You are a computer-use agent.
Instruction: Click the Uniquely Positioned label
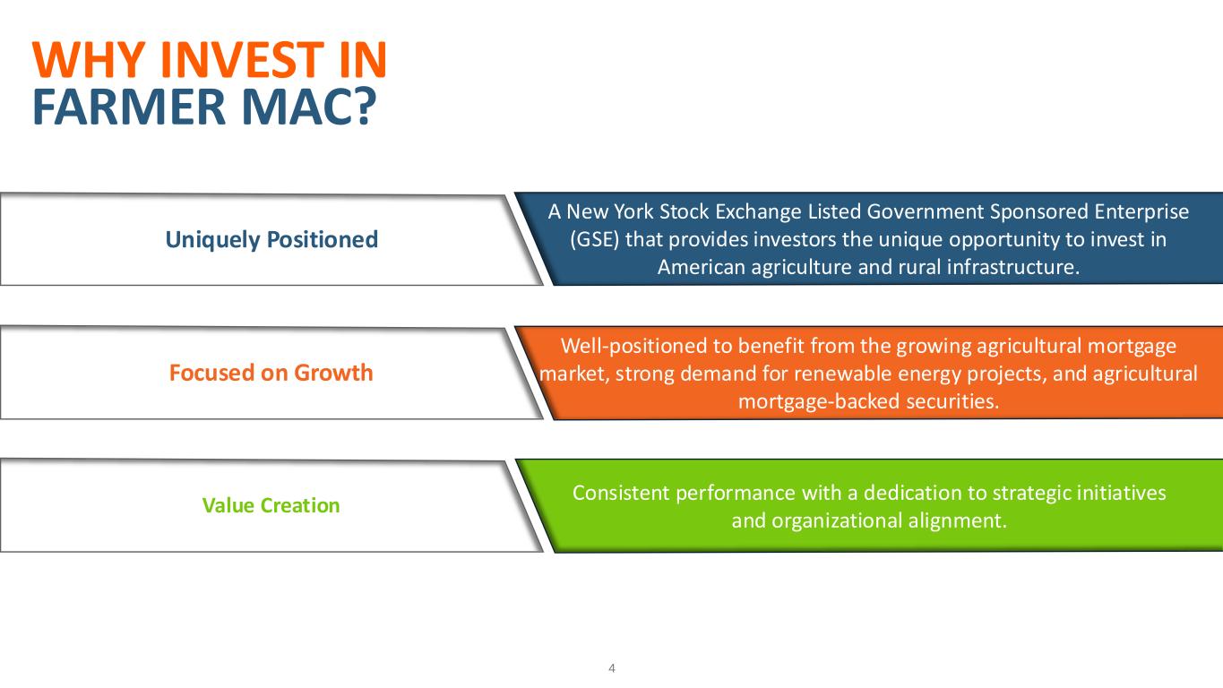click(x=271, y=239)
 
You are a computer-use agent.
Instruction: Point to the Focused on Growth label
click(x=271, y=373)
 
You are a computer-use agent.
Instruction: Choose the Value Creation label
click(x=271, y=505)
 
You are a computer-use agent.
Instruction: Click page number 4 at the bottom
click(x=611, y=668)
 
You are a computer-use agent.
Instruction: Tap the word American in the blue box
click(x=699, y=268)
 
